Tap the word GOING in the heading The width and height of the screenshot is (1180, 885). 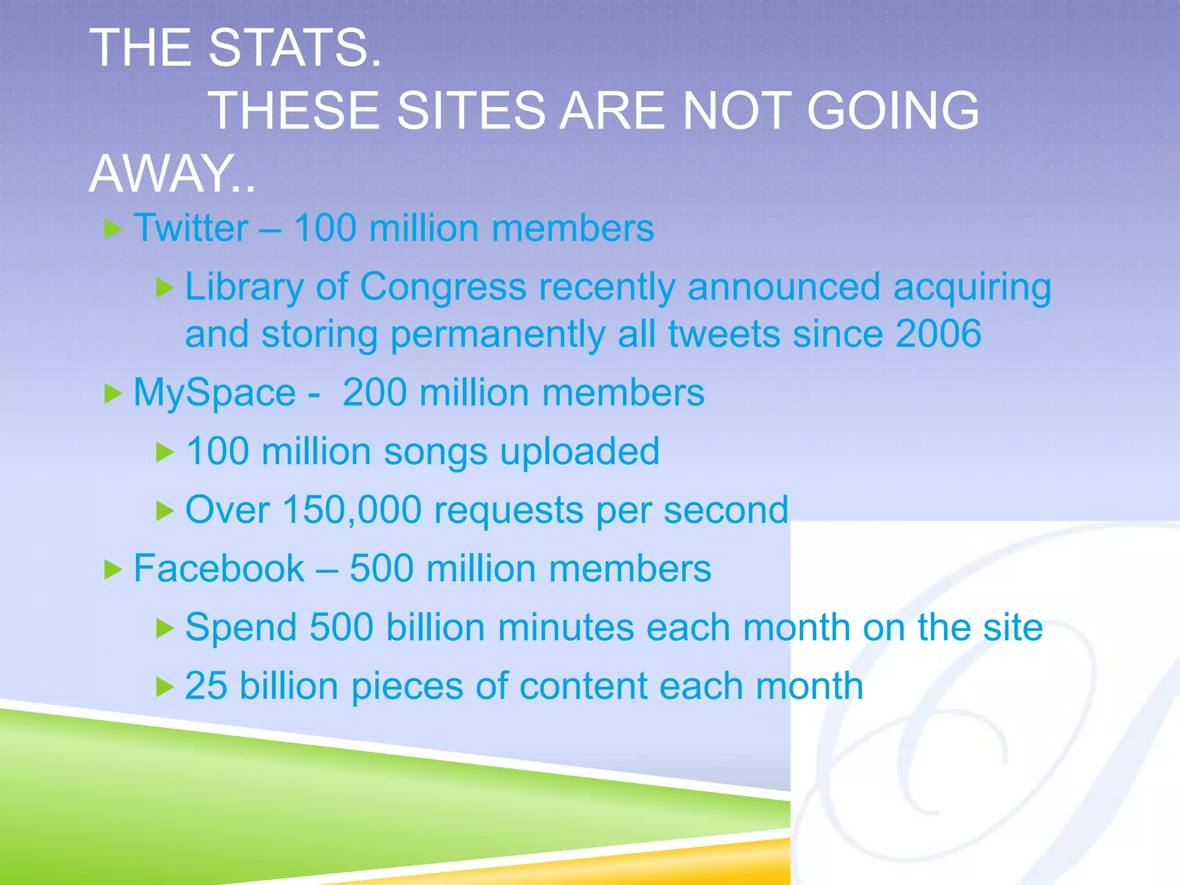point(892,110)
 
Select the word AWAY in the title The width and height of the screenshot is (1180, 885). point(161,173)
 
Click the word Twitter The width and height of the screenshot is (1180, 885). point(191,228)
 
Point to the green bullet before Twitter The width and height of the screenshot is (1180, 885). point(113,230)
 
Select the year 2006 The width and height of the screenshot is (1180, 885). point(939,334)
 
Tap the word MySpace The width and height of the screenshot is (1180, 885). point(214,394)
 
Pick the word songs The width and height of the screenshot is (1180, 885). point(436,452)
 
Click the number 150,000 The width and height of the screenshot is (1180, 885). point(352,510)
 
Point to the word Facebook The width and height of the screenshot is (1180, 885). point(219,569)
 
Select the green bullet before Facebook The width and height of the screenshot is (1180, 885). point(113,570)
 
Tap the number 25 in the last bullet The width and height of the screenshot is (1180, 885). point(206,686)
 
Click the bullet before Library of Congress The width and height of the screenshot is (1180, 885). point(165,288)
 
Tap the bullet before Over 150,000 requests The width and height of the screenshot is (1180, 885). point(165,511)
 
